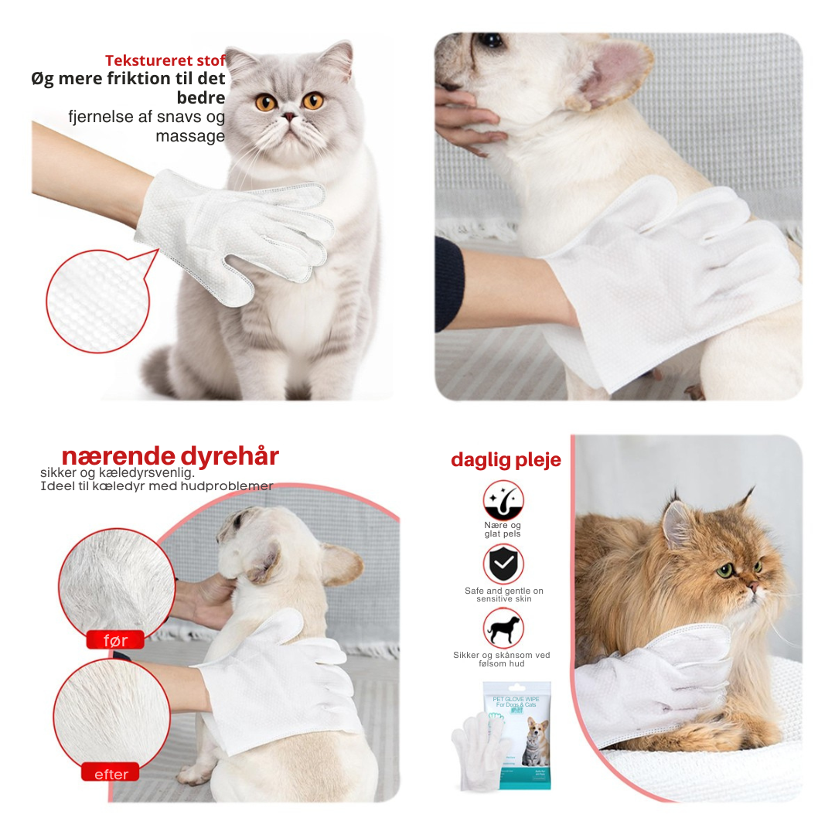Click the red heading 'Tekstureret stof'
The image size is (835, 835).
tap(165, 60)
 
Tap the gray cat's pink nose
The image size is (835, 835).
tap(288, 117)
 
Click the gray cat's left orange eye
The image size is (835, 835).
tap(265, 101)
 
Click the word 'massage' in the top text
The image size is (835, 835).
tap(189, 136)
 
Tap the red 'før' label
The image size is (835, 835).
tap(114, 640)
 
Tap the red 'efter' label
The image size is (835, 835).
tap(111, 773)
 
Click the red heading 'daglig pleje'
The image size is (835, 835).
tap(506, 460)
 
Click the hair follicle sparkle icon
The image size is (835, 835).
tap(503, 500)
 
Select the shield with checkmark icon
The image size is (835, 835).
tap(503, 564)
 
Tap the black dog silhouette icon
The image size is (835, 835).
tap(503, 627)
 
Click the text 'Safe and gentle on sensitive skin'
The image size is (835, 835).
tap(503, 595)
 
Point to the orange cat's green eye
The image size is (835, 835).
tap(724, 571)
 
